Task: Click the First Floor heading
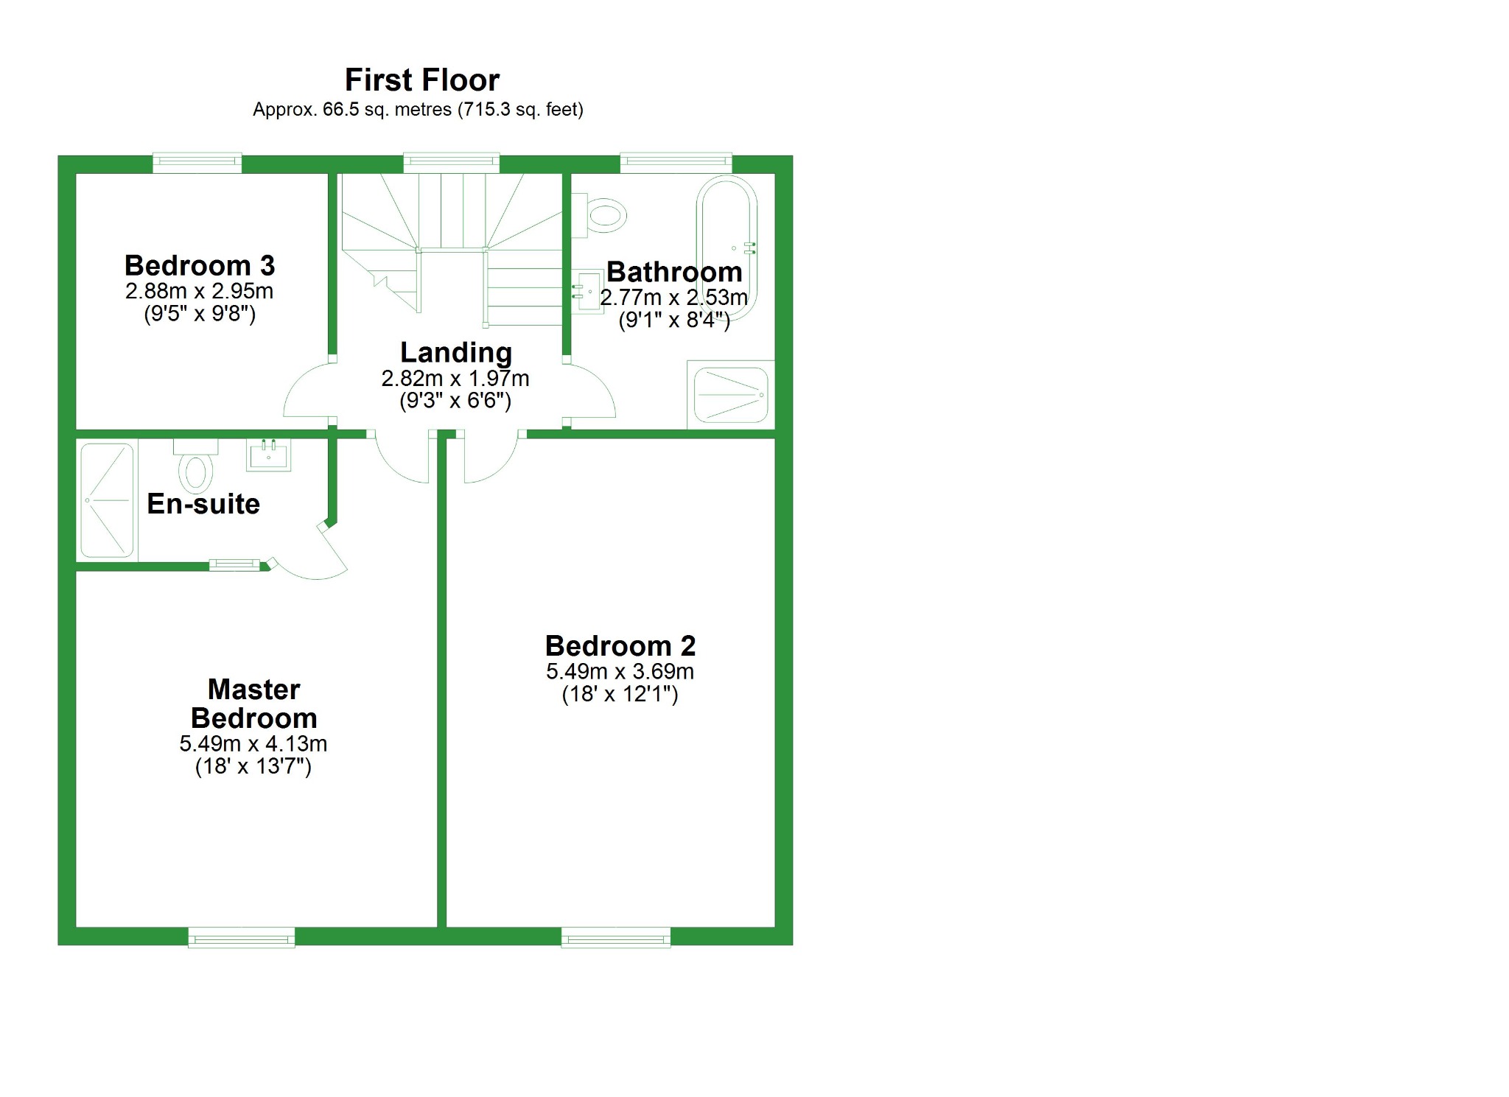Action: click(421, 80)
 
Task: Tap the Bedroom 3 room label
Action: click(199, 265)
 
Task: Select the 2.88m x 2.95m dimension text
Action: click(199, 291)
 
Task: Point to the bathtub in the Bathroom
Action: click(727, 247)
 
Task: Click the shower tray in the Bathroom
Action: click(730, 395)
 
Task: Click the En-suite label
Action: click(203, 504)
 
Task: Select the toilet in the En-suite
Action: click(196, 467)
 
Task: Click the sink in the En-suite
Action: click(269, 455)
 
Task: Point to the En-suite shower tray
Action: click(107, 500)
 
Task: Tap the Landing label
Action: click(455, 352)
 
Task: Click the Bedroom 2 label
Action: click(620, 646)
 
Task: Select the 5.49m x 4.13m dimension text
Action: click(253, 743)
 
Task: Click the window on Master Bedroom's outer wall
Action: click(242, 938)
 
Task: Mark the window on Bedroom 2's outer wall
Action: click(615, 938)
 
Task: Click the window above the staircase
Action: click(451, 162)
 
